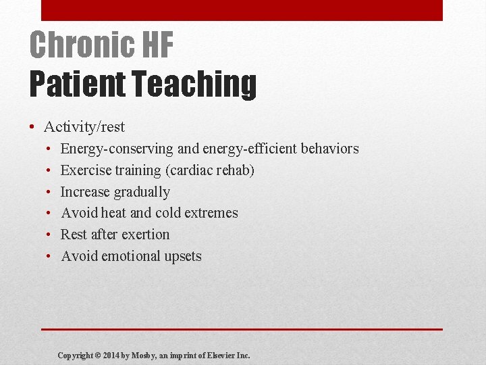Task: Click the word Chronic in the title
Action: (72, 46)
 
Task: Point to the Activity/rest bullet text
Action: (84, 127)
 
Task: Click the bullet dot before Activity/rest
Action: (32, 127)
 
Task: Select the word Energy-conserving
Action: (116, 149)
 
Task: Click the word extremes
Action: (212, 213)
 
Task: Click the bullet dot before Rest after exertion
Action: (50, 235)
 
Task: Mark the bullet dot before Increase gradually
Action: (50, 192)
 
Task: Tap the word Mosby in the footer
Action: (146, 355)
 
